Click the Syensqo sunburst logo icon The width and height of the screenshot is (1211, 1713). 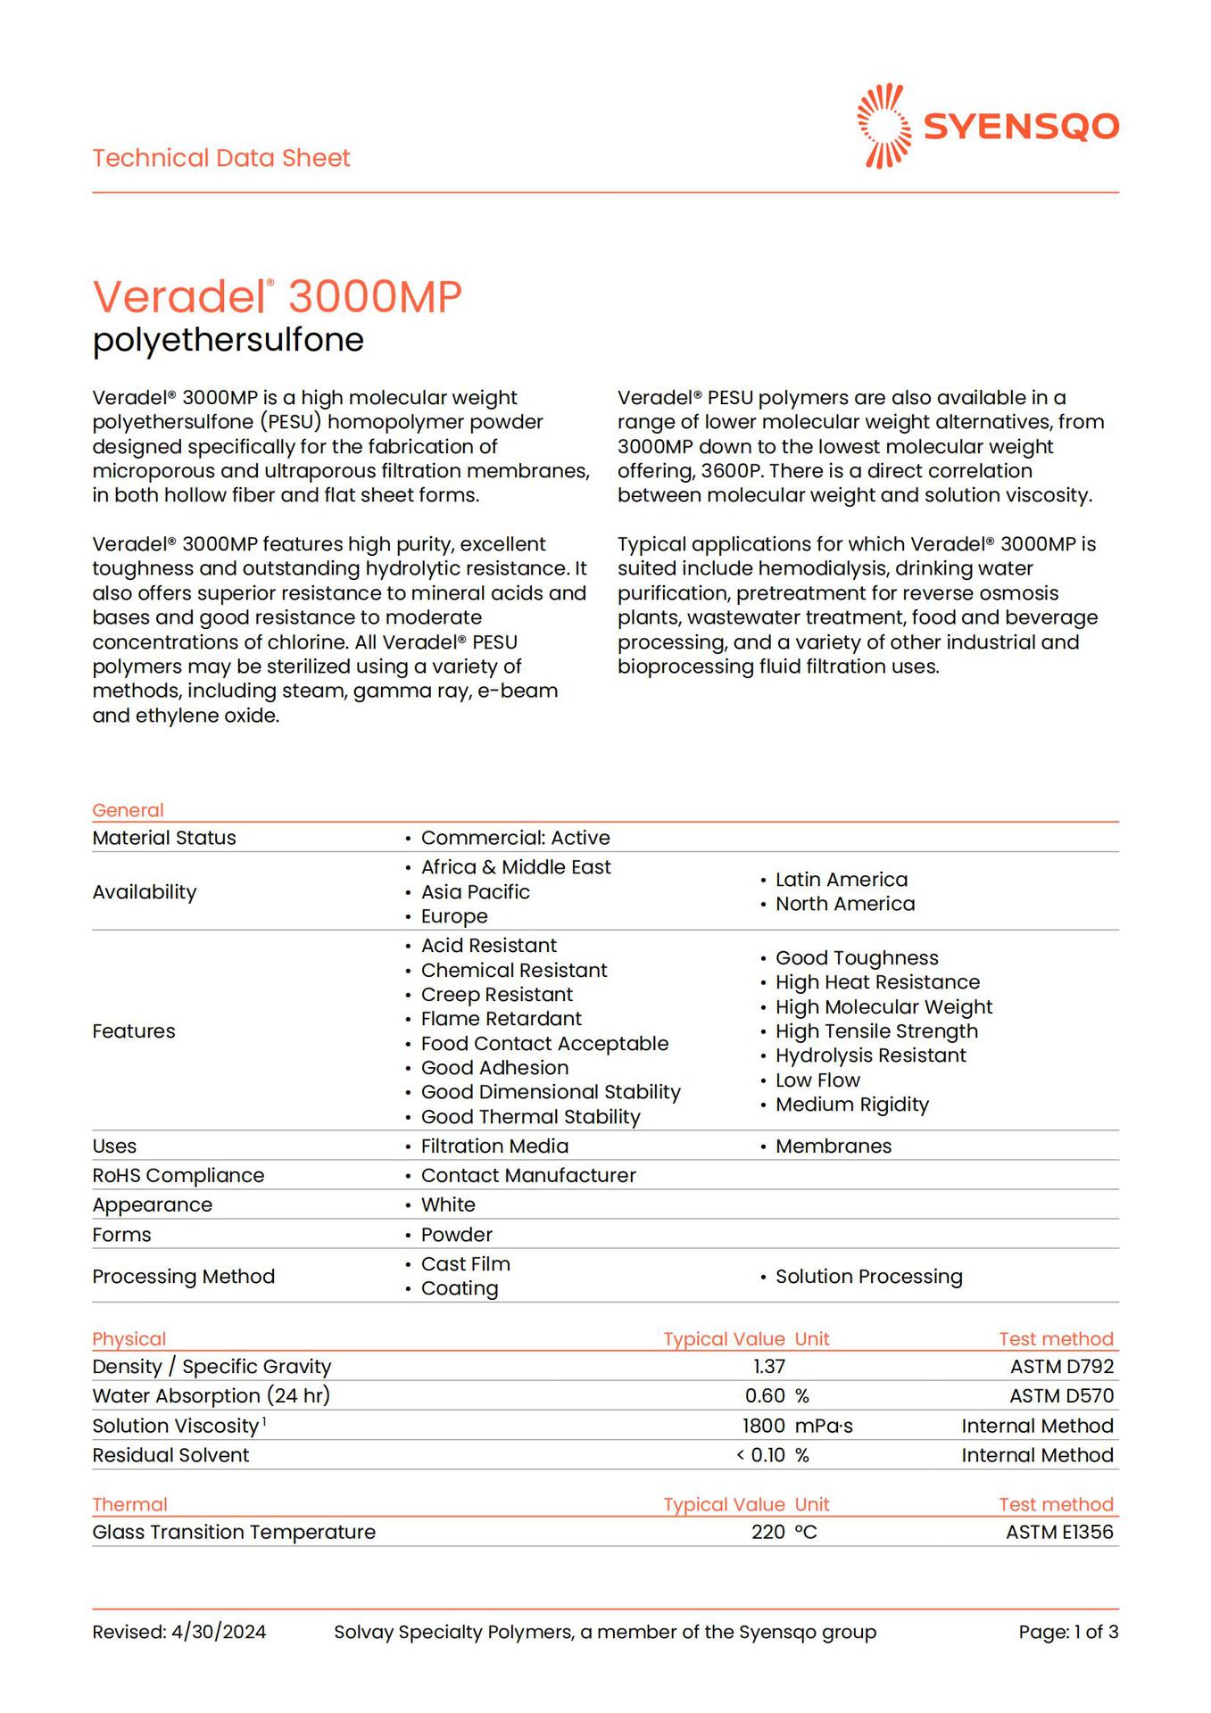[x=883, y=126]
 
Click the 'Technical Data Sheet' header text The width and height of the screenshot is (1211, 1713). [x=221, y=158]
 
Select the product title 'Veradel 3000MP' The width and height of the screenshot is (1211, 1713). [x=277, y=296]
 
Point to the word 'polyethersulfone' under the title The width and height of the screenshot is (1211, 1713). [x=228, y=340]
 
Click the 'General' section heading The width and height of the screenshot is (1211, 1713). [x=128, y=810]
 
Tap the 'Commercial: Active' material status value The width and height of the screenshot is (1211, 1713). [x=515, y=838]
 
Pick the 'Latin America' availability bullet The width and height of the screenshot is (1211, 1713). [x=841, y=880]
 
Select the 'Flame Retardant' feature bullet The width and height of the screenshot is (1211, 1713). [x=501, y=1019]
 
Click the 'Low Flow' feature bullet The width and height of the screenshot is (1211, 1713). [x=817, y=1080]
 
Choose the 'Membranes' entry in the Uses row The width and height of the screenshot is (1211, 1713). [x=833, y=1146]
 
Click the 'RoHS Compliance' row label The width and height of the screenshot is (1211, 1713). [x=178, y=1176]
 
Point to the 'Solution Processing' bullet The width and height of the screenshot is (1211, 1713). [x=868, y=1277]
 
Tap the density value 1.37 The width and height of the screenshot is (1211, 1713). [x=769, y=1367]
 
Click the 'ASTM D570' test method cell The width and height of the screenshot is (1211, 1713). [x=1061, y=1396]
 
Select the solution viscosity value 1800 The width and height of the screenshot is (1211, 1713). [x=764, y=1427]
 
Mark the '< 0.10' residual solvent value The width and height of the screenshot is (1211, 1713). [x=760, y=1455]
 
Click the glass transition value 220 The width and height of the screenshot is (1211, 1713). [x=767, y=1533]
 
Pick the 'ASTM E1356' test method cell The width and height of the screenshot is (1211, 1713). [x=1059, y=1533]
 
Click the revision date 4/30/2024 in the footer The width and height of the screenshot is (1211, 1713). [x=219, y=1633]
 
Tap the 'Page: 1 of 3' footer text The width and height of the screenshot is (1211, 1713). [x=1068, y=1633]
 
